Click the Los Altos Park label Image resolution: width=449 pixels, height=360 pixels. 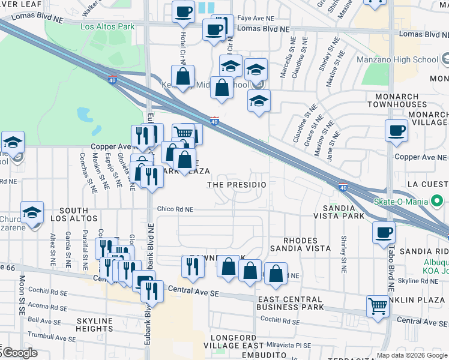click(x=107, y=27)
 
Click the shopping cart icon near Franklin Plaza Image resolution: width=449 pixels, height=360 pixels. click(x=378, y=306)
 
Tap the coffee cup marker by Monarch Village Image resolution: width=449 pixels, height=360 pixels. click(x=396, y=131)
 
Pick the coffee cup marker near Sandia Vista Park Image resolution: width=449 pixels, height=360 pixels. click(x=384, y=233)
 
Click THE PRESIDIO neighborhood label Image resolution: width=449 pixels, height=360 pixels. click(x=237, y=185)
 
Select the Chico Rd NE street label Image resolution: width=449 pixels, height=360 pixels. click(x=175, y=209)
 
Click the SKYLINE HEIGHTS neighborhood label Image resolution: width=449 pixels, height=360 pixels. click(x=95, y=325)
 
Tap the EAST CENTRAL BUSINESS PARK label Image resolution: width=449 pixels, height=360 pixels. click(x=291, y=303)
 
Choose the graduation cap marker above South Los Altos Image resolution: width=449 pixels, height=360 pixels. click(x=32, y=213)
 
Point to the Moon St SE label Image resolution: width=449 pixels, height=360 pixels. click(x=21, y=301)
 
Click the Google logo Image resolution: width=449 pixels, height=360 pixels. click(x=19, y=353)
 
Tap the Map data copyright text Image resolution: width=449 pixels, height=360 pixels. click(x=411, y=355)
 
